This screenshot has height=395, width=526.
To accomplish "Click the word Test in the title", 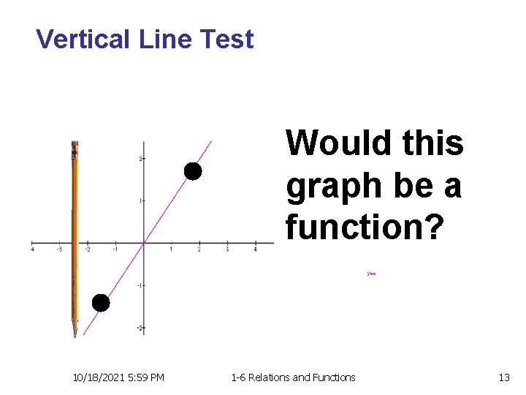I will click(x=227, y=39).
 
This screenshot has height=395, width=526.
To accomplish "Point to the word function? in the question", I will click(x=364, y=227).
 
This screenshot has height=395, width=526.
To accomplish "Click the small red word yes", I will click(x=371, y=274).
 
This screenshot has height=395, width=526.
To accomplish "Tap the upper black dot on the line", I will click(x=192, y=171).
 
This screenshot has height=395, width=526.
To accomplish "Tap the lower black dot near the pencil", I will click(x=100, y=303).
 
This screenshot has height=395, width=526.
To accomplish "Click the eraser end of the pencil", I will click(x=75, y=145).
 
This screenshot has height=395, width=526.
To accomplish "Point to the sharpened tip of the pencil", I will click(x=75, y=334).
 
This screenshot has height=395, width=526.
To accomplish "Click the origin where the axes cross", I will click(x=144, y=243).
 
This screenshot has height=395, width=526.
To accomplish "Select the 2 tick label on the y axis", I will click(x=140, y=158).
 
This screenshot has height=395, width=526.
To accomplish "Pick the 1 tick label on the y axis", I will click(x=140, y=200).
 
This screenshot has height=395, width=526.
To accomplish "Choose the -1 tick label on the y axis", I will click(x=139, y=285).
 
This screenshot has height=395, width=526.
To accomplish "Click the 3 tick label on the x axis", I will click(x=228, y=249).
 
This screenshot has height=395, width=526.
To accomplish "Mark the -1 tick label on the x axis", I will click(x=115, y=249).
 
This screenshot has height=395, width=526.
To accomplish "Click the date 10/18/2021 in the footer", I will click(x=98, y=377).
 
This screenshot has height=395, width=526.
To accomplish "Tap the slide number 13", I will click(x=503, y=377).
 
